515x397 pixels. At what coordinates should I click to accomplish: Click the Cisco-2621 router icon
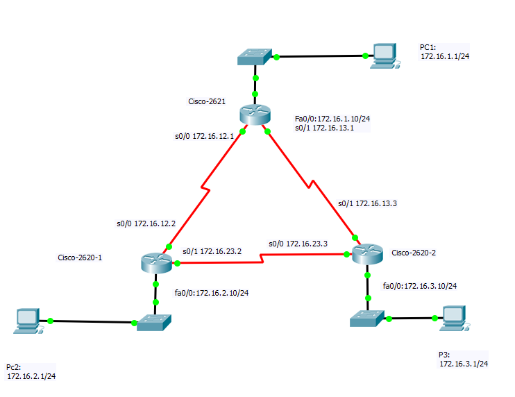click(x=255, y=115)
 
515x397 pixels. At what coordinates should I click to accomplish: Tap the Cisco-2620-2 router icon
click(x=366, y=255)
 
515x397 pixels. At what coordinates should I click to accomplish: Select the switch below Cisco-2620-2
click(x=366, y=319)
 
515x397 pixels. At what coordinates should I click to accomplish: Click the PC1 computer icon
click(x=382, y=56)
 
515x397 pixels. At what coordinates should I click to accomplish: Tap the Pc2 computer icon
click(x=28, y=321)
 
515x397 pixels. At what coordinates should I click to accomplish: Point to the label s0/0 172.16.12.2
click(x=146, y=223)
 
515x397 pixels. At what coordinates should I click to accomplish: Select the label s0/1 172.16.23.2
click(x=212, y=251)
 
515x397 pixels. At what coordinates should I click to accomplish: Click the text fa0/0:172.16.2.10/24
click(x=211, y=293)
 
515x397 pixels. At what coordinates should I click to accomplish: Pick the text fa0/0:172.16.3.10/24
click(x=419, y=285)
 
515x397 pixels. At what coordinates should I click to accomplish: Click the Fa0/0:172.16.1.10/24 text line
click(x=332, y=119)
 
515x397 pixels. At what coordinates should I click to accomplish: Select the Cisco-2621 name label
click(x=207, y=101)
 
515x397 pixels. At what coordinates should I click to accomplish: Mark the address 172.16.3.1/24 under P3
click(x=464, y=363)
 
